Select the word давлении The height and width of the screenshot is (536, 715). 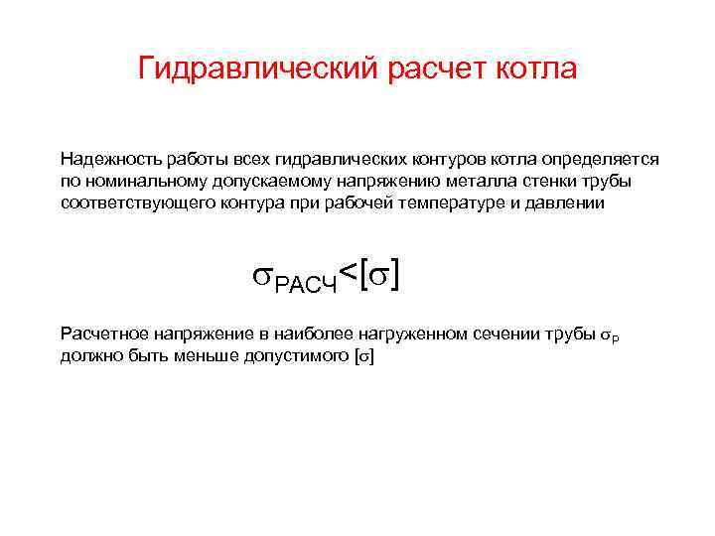[551, 202]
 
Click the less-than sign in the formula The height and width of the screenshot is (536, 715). [349, 270]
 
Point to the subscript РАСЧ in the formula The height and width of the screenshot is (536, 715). [307, 286]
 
